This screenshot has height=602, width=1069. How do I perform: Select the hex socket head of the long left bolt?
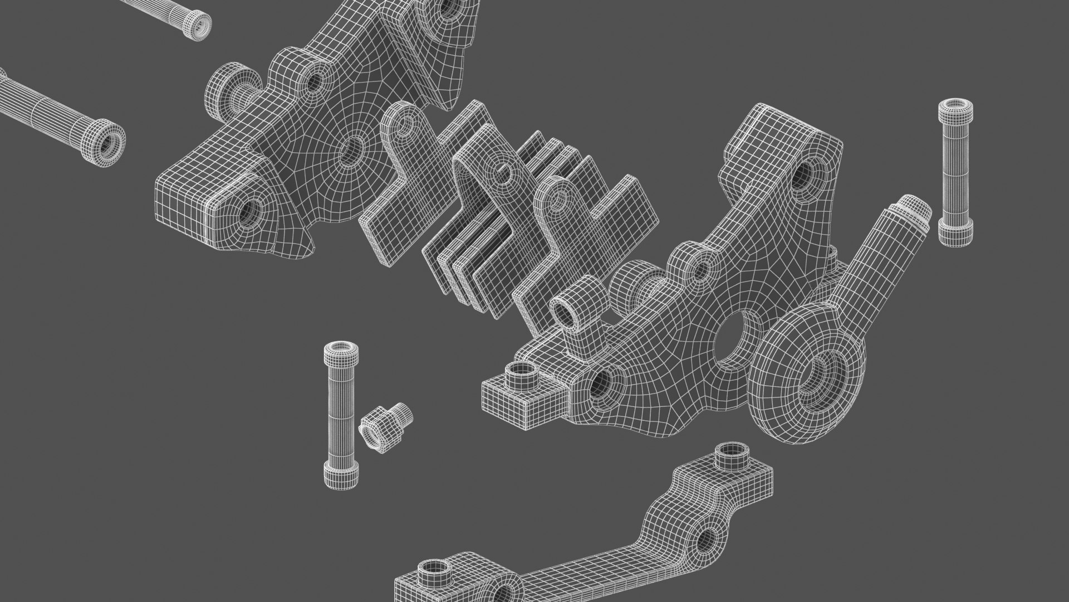point(106,142)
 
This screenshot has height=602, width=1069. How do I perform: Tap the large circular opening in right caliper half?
point(735,341)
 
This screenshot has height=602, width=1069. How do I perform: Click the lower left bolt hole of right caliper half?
point(602,385)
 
